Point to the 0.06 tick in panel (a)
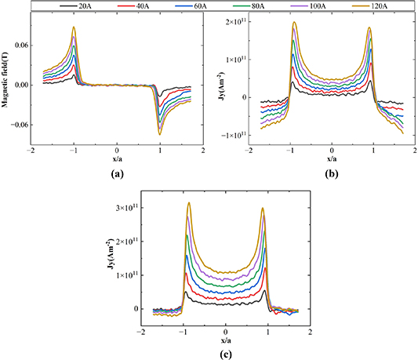pyautogui.click(x=20, y=45)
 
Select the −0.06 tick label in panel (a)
pyautogui.click(x=17, y=124)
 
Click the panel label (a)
pyautogui.click(x=115, y=174)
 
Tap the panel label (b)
pyautogui.click(x=332, y=174)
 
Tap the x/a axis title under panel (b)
pyautogui.click(x=333, y=160)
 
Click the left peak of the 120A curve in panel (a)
pyautogui.click(x=74, y=27)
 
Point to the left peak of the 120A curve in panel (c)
pyautogui.click(x=188, y=203)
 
